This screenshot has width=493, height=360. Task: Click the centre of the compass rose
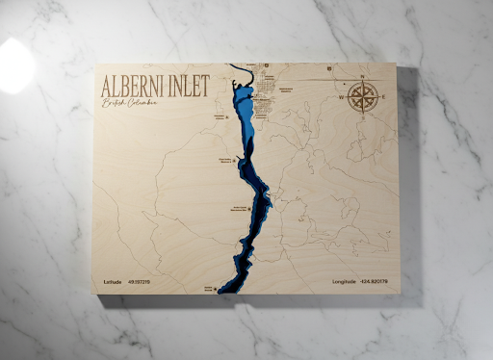point(363,96)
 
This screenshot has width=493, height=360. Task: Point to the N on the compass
point(362,76)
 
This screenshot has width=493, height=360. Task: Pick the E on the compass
point(385,96)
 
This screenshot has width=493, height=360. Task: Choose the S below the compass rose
point(363,117)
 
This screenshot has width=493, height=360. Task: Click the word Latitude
point(113,282)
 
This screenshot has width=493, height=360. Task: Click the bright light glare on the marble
point(14,65)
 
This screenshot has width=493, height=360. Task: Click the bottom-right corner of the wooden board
point(398,292)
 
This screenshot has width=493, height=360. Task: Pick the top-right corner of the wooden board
point(397,64)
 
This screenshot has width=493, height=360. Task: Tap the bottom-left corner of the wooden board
point(97,295)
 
